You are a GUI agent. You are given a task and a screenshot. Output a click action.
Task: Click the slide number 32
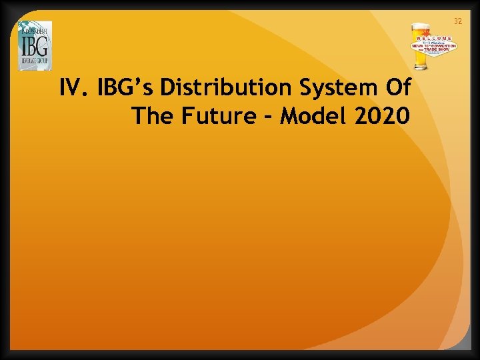tap(457, 22)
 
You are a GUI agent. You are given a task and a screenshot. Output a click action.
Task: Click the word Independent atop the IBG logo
tap(33, 31)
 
